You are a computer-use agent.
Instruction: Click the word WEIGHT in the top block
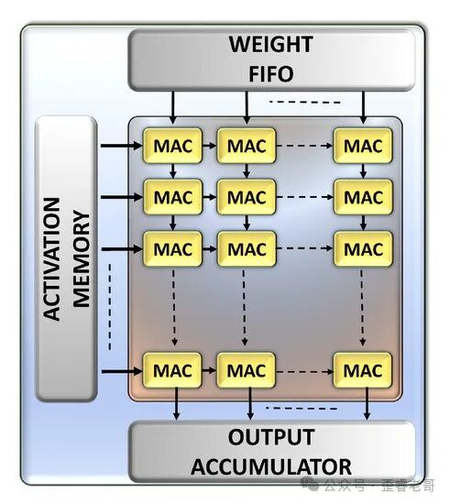click(x=270, y=44)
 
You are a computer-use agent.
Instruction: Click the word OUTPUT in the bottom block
click(x=271, y=437)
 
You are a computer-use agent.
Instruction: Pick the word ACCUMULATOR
click(x=272, y=466)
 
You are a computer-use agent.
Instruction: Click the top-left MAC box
click(x=172, y=145)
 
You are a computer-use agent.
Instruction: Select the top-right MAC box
click(x=363, y=145)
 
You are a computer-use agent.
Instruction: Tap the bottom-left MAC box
click(x=172, y=371)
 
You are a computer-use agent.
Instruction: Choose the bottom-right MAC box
click(x=363, y=371)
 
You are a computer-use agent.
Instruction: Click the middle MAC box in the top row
click(x=247, y=145)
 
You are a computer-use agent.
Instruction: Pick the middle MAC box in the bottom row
click(x=247, y=371)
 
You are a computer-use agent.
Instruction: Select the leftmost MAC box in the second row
click(x=172, y=196)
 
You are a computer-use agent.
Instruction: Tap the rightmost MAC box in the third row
click(x=363, y=247)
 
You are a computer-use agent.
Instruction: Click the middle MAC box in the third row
click(x=247, y=247)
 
